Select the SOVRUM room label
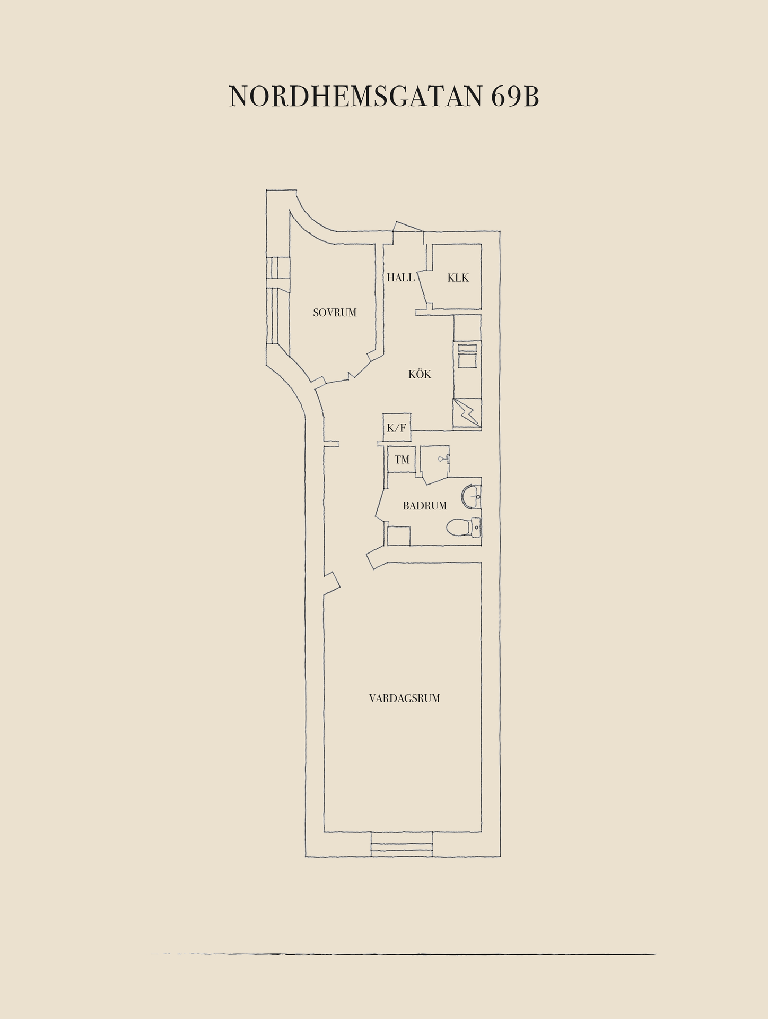click(x=335, y=313)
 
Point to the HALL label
click(x=400, y=278)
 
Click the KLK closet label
click(x=458, y=278)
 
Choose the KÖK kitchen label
click(x=420, y=374)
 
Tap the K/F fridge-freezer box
click(x=397, y=427)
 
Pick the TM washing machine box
click(x=402, y=460)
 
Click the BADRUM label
click(x=425, y=506)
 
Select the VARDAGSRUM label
click(x=405, y=698)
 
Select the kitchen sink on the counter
click(x=467, y=355)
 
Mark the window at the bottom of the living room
click(x=402, y=844)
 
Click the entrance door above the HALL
click(x=408, y=226)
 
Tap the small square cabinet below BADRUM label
click(x=399, y=536)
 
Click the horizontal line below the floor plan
click(x=403, y=954)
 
